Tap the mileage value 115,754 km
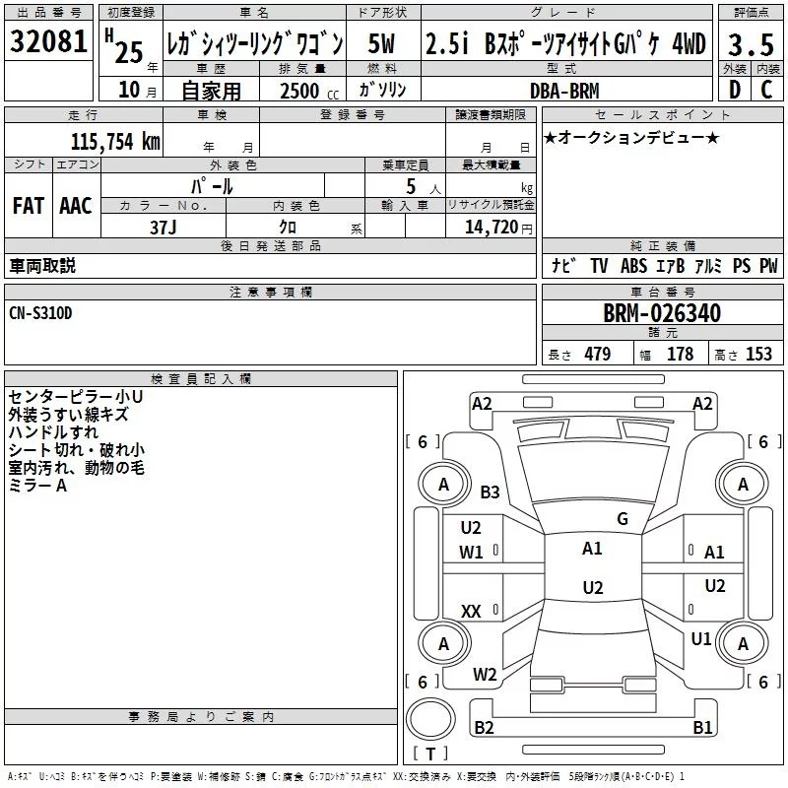tap(115, 141)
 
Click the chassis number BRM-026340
tap(661, 314)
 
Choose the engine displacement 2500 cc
tap(301, 91)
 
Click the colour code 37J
tap(164, 227)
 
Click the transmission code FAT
tap(29, 206)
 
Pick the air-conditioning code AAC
tap(76, 206)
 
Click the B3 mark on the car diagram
tap(490, 492)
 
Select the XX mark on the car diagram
tap(471, 612)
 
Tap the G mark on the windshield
tap(622, 519)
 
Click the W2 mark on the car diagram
tap(485, 675)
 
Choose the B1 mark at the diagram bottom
tap(702, 728)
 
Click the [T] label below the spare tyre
tap(429, 754)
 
